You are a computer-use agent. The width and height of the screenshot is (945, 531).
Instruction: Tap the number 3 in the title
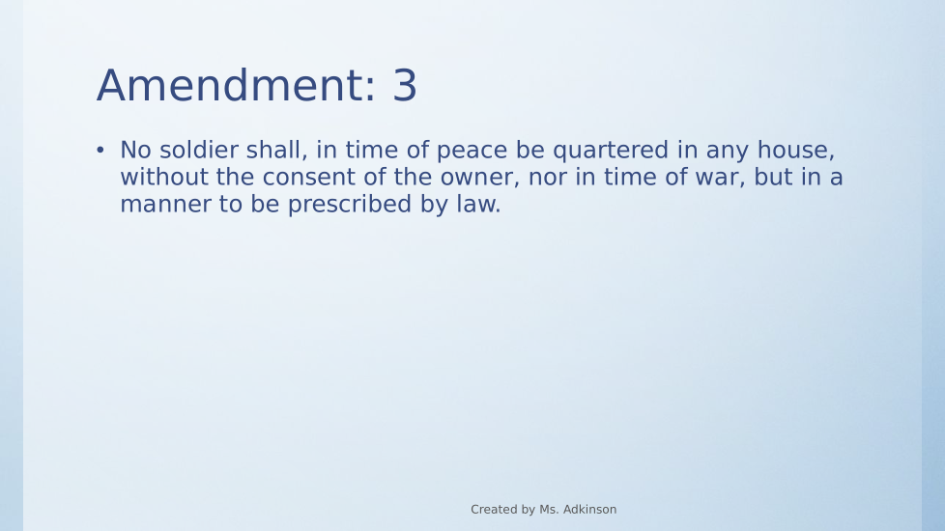405,86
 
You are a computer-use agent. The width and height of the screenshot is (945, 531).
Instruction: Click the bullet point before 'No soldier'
100,150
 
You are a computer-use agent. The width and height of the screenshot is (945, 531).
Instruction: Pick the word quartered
611,151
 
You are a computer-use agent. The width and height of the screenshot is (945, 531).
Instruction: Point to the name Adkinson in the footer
589,510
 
